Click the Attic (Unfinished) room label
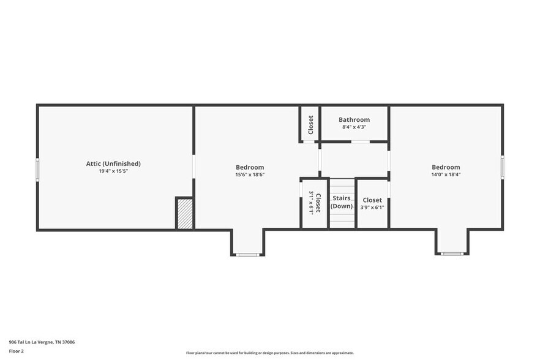point(113,163)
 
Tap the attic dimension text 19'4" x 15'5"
point(113,171)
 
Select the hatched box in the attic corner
point(185,214)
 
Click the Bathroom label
point(354,119)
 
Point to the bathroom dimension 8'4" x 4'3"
point(354,127)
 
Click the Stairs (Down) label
point(342,202)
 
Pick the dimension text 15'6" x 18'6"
point(250,174)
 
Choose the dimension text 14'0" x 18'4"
point(446,174)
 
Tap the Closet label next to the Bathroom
point(310,124)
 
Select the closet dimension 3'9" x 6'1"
point(372,207)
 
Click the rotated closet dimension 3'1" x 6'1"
point(311,203)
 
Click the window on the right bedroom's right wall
point(503,167)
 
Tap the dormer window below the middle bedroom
point(247,254)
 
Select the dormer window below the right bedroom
point(452,253)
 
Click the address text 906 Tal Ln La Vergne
point(42,342)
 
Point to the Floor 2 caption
point(17,351)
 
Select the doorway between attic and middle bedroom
point(193,167)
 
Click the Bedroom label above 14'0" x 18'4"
point(446,167)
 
